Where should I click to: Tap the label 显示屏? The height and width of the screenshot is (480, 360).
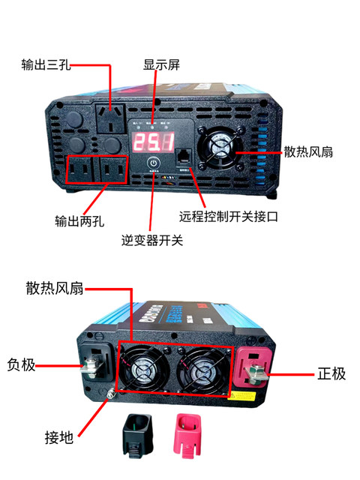(161, 64)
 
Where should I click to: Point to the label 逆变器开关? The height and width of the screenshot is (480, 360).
(152, 241)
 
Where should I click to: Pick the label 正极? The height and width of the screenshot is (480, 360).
(329, 373)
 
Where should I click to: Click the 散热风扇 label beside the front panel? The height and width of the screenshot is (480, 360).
(308, 151)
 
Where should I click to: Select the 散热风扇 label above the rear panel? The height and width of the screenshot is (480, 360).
(54, 289)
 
